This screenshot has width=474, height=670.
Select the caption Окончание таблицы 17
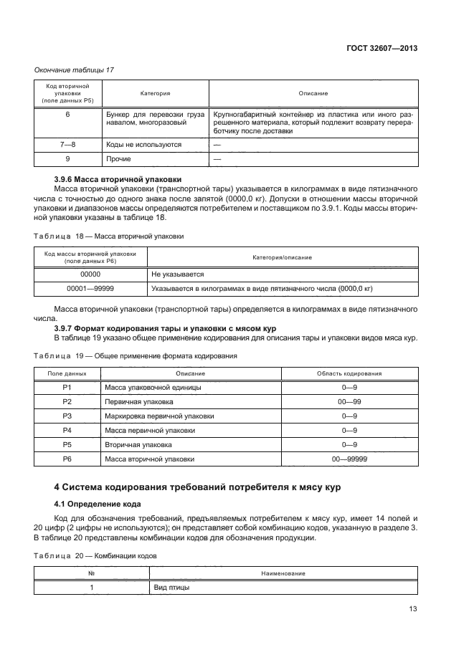point(74,70)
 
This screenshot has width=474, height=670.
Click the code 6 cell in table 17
point(67,114)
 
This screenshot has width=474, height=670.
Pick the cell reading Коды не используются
point(138,144)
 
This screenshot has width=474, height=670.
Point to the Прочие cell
point(118,159)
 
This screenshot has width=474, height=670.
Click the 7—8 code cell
point(67,144)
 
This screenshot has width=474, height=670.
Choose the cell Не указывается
point(178,274)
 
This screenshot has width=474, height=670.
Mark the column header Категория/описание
point(282,257)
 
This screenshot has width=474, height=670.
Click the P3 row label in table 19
point(67,416)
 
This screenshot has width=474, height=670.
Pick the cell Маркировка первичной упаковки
point(159,416)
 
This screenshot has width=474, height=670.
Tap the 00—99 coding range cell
point(349,402)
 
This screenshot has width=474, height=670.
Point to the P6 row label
point(67,459)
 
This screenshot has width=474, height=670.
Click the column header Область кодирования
point(349,373)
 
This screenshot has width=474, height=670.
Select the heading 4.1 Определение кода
point(93,504)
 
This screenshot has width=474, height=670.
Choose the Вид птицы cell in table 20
point(171,588)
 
